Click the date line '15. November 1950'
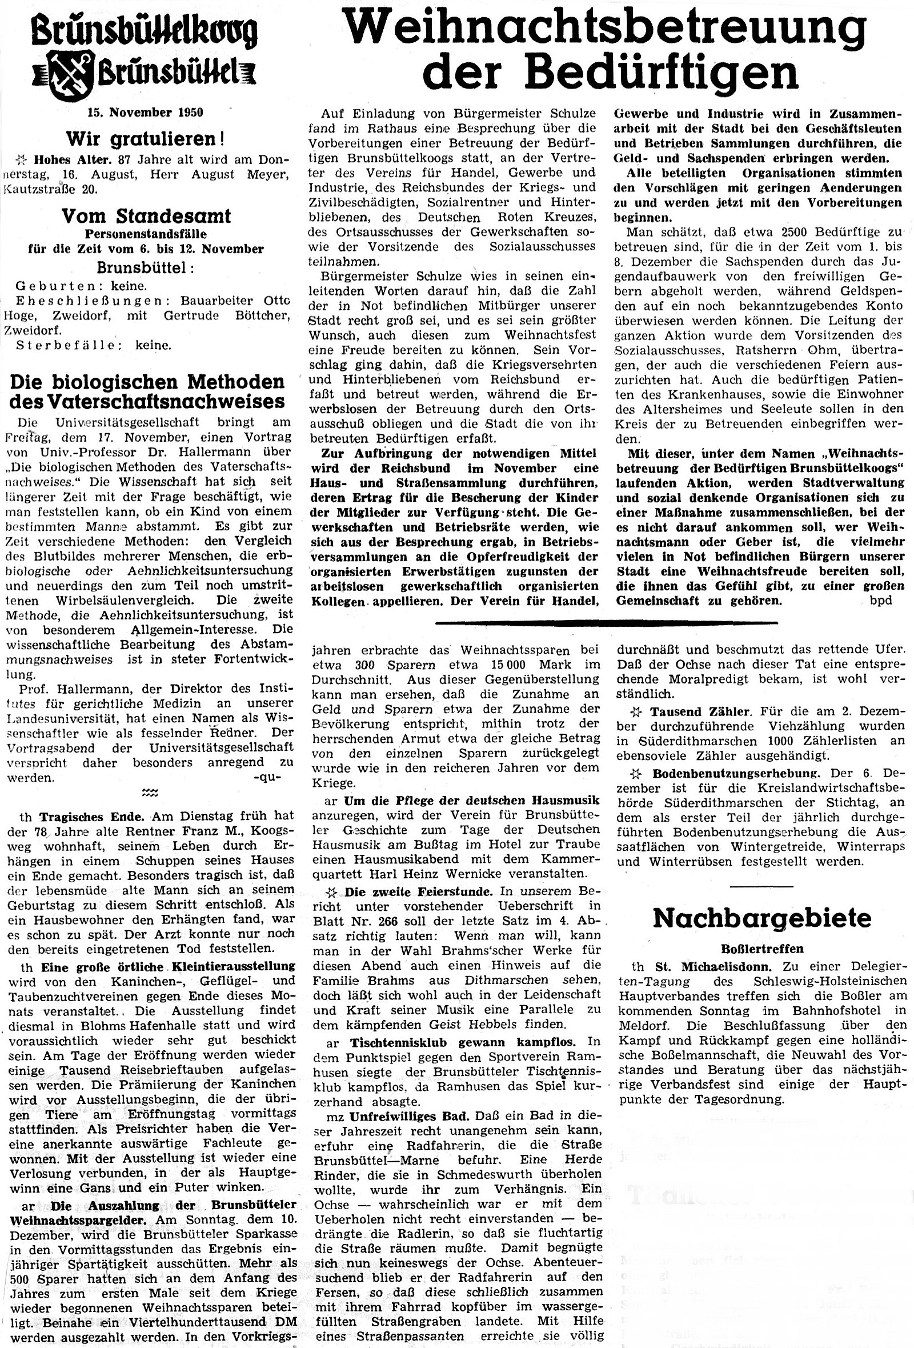pyautogui.click(x=145, y=113)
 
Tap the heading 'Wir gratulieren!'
pyautogui.click(x=145, y=139)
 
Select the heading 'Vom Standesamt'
pyautogui.click(x=146, y=217)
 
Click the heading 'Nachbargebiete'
pyautogui.click(x=761, y=918)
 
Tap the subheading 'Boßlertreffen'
pyautogui.click(x=761, y=949)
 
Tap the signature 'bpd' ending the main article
pyautogui.click(x=880, y=601)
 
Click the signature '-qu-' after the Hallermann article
pyautogui.click(x=267, y=778)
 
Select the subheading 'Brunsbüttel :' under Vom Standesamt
pyautogui.click(x=146, y=269)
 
